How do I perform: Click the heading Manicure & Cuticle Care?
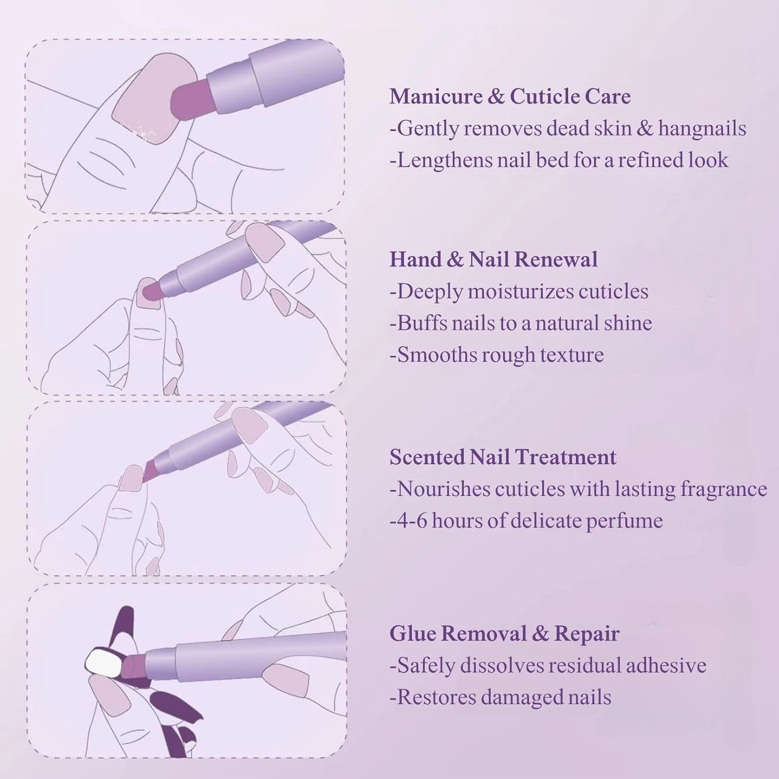pos(510,97)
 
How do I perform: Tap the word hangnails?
pos(702,128)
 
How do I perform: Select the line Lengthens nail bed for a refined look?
pos(559,160)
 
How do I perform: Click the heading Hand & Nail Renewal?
pos(493,259)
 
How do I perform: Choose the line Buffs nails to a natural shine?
pos(521,323)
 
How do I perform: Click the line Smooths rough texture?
pos(497,355)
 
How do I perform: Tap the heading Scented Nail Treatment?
pos(503,457)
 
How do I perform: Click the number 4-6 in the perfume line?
pos(411,520)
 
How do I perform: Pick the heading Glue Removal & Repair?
pos(504,634)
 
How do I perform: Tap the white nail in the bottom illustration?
pos(103,663)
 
